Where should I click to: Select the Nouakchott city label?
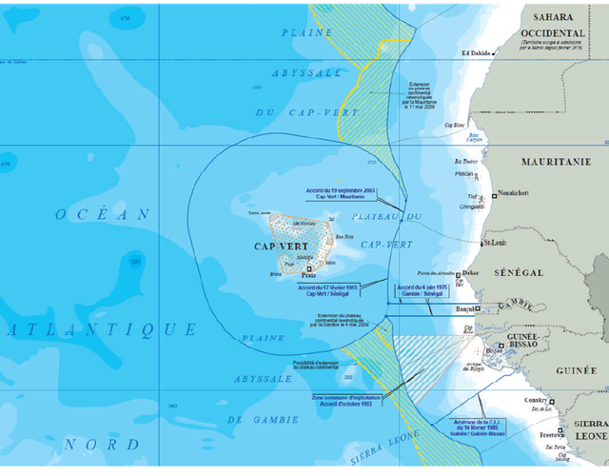[511, 194]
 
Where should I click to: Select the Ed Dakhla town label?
[477, 52]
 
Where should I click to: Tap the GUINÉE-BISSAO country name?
[524, 341]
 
